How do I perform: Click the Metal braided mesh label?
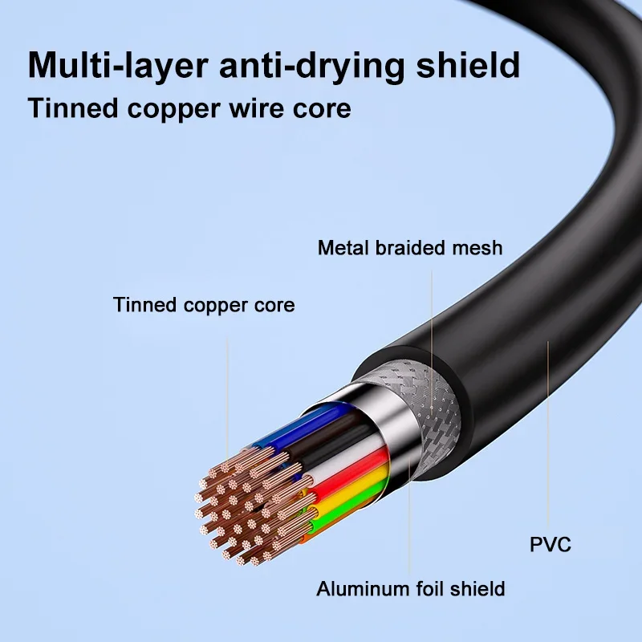409,247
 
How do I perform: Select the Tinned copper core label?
203,305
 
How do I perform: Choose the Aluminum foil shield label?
410,589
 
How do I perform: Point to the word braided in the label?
404,247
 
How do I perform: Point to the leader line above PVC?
547,433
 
